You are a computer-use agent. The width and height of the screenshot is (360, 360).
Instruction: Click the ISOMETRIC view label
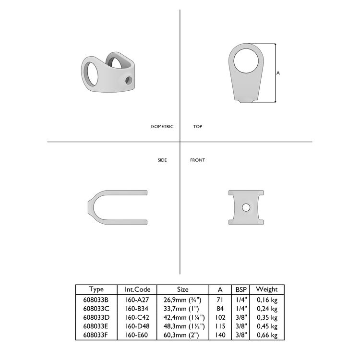tap(162, 127)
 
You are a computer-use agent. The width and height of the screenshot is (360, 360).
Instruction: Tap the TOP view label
tap(197, 127)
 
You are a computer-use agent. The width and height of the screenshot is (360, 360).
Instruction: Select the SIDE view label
tap(162, 160)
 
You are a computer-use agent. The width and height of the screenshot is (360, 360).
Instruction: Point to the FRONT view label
tap(197, 160)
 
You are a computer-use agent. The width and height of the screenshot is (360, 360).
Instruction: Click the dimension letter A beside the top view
tap(278, 73)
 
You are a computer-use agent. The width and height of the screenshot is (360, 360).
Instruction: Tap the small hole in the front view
tap(246, 207)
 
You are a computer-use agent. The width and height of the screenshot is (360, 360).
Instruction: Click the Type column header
tap(96, 289)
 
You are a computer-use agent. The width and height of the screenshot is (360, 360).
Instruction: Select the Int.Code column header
tap(138, 289)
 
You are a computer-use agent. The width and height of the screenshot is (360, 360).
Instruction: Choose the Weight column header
tap(267, 289)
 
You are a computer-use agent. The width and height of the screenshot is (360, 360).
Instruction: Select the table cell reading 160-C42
tap(138, 318)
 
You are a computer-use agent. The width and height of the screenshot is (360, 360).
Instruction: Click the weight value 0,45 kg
tap(267, 327)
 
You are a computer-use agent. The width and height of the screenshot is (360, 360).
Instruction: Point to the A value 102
tap(220, 318)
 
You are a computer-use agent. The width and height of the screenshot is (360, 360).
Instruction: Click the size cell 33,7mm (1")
tap(183, 309)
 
